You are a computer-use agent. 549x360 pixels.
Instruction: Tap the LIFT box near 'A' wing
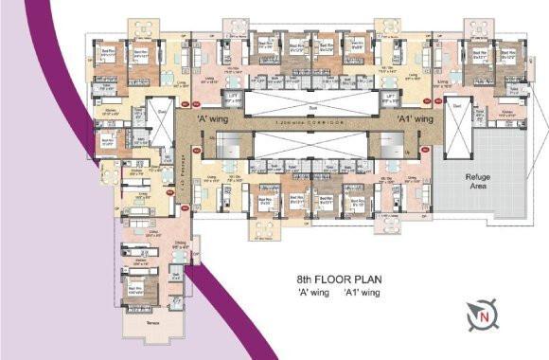click(x=230, y=99)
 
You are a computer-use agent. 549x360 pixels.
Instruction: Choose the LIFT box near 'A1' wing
click(x=389, y=99)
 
